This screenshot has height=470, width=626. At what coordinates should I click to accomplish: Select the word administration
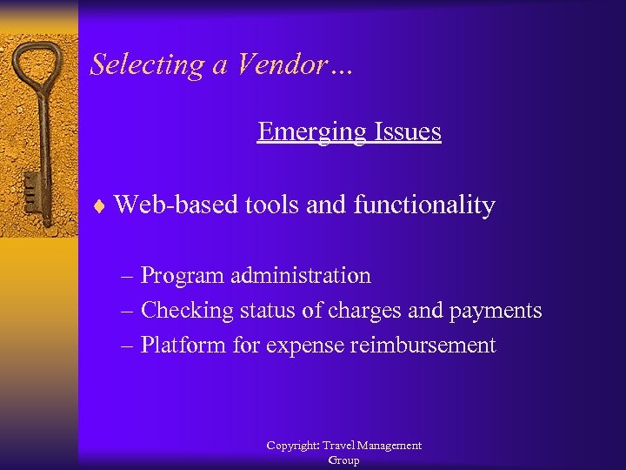[301, 276]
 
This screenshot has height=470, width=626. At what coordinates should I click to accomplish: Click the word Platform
[183, 346]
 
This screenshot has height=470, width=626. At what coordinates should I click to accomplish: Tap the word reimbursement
[423, 346]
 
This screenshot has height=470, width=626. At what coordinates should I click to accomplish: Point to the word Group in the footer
[343, 460]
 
